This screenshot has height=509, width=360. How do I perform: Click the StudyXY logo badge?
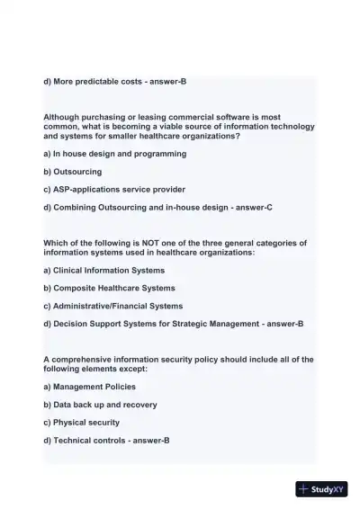[x=322, y=489]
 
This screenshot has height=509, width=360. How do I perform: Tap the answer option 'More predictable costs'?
[x=99, y=82]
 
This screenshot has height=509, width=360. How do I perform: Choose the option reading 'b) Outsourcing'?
[x=73, y=171]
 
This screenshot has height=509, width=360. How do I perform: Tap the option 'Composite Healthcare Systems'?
[x=114, y=288]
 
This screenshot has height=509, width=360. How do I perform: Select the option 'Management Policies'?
[x=94, y=387]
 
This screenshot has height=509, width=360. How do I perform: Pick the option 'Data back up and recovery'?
[x=105, y=405]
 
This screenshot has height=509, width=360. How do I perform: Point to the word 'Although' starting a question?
[x=62, y=117]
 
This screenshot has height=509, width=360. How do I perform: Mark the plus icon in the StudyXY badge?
[x=304, y=489]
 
